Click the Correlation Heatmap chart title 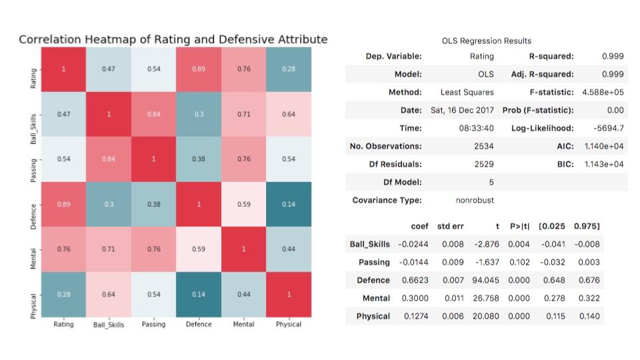(x=173, y=39)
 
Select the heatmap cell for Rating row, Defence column (x=199, y=69)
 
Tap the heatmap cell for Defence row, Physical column (x=288, y=204)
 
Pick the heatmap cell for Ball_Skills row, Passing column (x=153, y=114)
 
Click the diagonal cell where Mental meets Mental (x=243, y=249)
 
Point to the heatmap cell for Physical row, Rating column (x=63, y=294)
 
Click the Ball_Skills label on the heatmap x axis (x=109, y=325)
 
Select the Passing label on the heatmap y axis (x=33, y=159)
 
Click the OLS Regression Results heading (x=486, y=41)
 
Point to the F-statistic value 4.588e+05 (x=603, y=92)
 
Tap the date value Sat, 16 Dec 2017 (x=462, y=110)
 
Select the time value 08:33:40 (x=476, y=128)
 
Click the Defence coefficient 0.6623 (x=415, y=280)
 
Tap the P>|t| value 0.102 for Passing (x=519, y=262)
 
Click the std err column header (x=451, y=226)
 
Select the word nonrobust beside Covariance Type (x=475, y=200)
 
